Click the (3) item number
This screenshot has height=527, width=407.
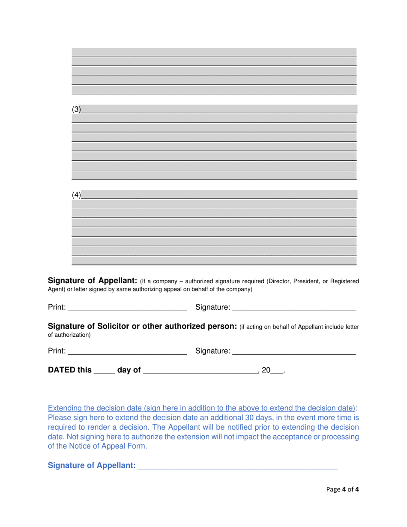pos(76,109)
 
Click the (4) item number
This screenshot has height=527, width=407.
pos(76,195)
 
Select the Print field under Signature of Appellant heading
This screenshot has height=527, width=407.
pos(127,307)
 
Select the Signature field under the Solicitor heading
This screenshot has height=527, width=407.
pos(294,351)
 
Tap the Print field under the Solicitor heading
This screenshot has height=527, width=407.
pos(127,351)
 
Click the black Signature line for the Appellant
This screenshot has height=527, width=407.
pos(294,307)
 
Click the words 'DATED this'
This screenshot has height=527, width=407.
pos(69,370)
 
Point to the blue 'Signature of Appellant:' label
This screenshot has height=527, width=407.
pos(92,465)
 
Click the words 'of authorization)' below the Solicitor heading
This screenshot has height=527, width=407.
pos(69,335)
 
